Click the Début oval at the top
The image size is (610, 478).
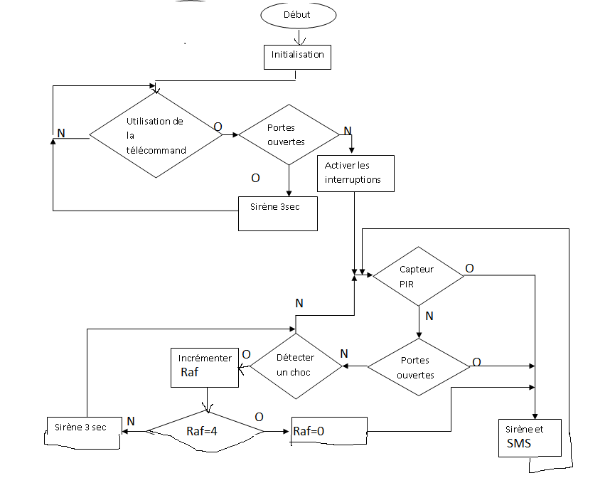tap(297, 15)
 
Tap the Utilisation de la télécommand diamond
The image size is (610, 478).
tap(156, 135)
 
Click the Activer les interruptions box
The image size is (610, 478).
tap(354, 173)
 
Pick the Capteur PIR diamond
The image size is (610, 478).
tap(419, 276)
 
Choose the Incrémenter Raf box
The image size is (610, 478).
tap(205, 367)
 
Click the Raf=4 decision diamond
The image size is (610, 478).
tap(205, 430)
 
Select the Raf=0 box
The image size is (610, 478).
tap(329, 431)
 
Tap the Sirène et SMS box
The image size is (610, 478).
tap(530, 437)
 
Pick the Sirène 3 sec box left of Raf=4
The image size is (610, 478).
tap(81, 430)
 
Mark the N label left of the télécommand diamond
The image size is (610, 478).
tap(61, 133)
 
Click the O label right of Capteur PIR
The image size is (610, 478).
tap(470, 268)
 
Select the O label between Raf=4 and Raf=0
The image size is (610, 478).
tap(259, 416)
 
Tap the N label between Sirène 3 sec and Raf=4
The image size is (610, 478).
tap(131, 421)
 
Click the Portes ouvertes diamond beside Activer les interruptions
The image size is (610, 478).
tap(289, 135)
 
